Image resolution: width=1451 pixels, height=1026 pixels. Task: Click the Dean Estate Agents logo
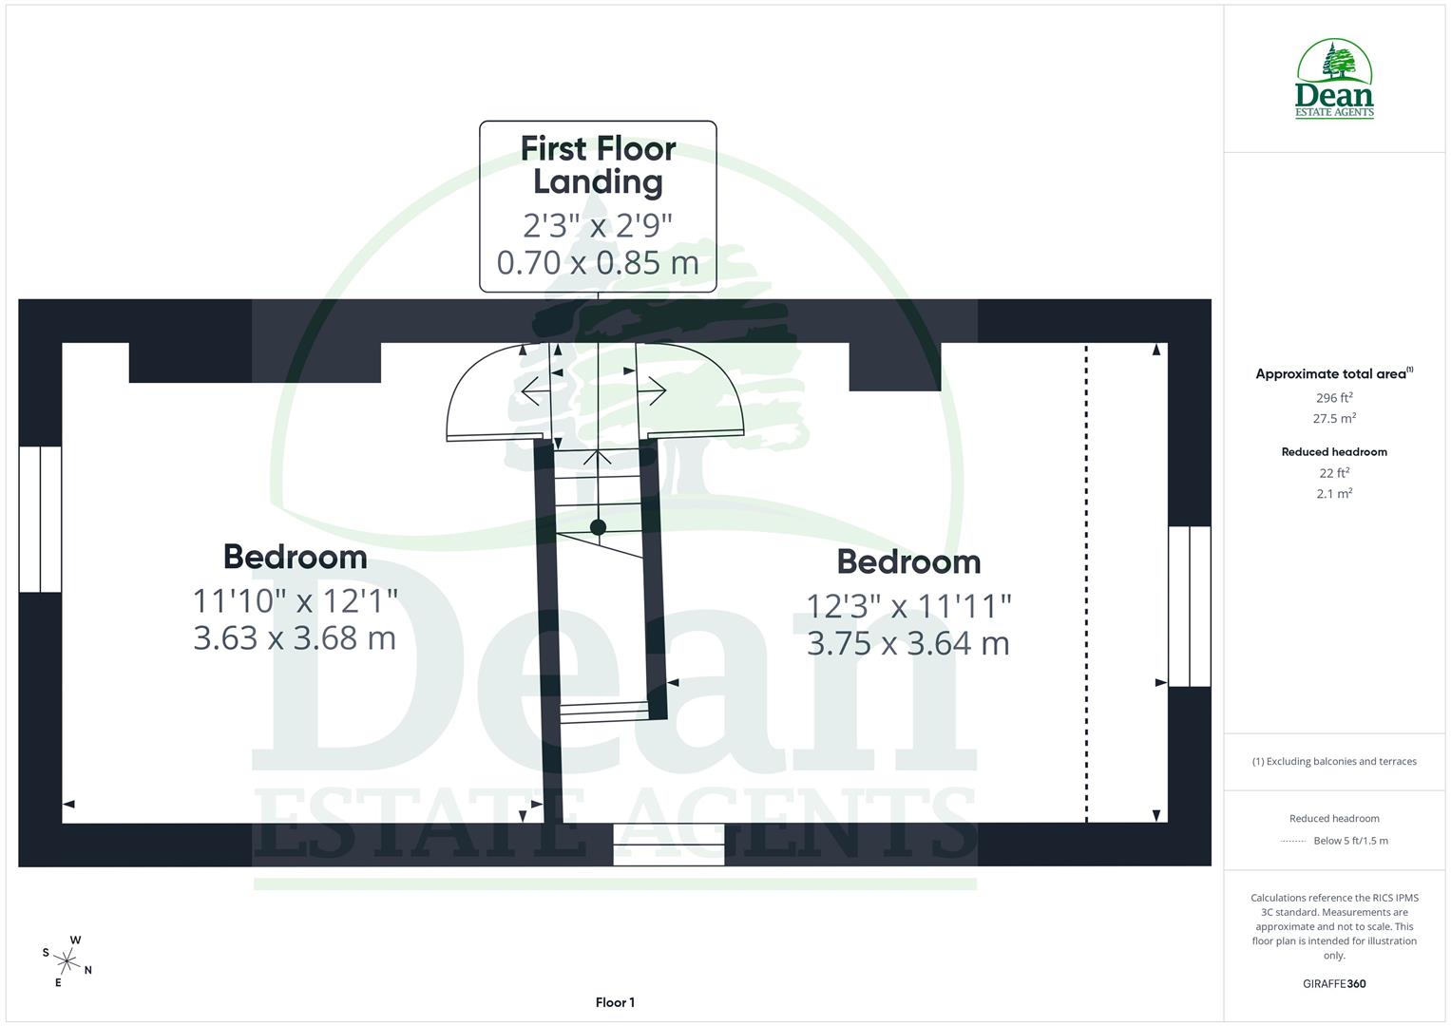coord(1334,79)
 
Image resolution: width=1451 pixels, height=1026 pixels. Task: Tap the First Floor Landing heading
coord(598,165)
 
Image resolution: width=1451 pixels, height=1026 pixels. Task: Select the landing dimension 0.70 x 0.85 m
coord(598,262)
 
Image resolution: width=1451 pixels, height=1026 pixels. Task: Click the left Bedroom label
coord(295,557)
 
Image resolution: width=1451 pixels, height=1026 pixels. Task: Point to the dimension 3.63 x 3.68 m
coord(295,637)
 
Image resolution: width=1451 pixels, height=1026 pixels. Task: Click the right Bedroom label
coord(908,561)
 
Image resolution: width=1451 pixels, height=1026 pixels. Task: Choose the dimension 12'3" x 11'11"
coord(908,605)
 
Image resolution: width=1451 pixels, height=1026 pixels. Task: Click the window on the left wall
coord(40,519)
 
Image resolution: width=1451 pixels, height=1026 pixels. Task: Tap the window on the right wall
coord(1189,606)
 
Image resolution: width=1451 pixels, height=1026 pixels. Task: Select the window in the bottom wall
coord(668,845)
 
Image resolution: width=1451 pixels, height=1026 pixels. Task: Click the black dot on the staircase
coord(598,527)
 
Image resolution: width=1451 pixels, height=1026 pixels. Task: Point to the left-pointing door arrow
coord(530,390)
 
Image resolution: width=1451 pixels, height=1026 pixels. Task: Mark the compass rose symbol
coord(67,960)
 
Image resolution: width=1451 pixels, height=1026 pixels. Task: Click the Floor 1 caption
coord(615,1002)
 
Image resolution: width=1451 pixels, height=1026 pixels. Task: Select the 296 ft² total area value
coord(1334,398)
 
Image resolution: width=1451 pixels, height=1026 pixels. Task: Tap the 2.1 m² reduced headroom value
coord(1334,494)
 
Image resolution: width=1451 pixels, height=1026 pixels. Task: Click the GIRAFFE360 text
coord(1334,984)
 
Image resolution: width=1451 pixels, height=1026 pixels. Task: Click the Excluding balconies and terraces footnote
coord(1334,761)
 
